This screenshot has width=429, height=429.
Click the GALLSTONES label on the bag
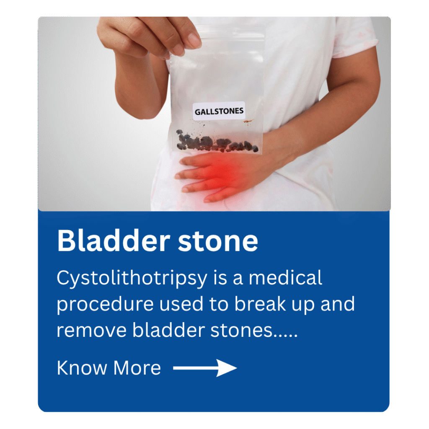tap(219, 111)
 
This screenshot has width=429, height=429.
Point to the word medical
tap(285, 278)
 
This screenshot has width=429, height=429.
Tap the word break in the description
tap(260, 304)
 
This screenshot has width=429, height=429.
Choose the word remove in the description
tap(91, 330)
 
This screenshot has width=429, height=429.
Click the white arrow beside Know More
tap(205, 368)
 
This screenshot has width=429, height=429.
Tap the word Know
tap(82, 368)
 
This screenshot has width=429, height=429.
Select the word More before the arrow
tap(137, 368)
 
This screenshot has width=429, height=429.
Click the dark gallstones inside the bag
tap(216, 143)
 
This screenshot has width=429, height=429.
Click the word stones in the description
tap(242, 330)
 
